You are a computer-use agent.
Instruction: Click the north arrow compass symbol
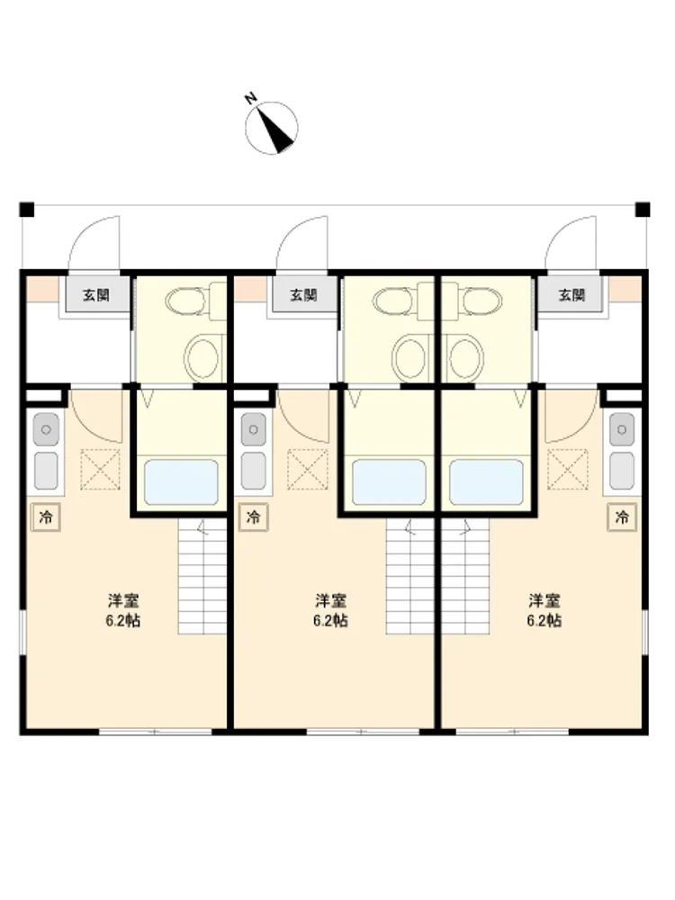click(x=272, y=128)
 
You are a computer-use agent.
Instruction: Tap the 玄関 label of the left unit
click(x=96, y=295)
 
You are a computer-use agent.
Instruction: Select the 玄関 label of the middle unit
click(x=303, y=295)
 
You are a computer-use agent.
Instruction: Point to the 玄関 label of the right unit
click(x=571, y=295)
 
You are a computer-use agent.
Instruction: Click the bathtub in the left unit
click(x=181, y=482)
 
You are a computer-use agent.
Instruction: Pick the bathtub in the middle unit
click(x=389, y=482)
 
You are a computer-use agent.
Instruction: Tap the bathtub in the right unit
click(x=486, y=482)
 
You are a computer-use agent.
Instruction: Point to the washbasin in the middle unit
click(x=409, y=357)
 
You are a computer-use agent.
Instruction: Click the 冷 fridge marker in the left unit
click(x=46, y=517)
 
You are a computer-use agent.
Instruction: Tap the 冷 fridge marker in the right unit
click(x=622, y=517)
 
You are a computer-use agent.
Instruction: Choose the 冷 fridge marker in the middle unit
click(x=254, y=517)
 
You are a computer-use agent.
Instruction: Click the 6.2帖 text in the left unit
click(x=123, y=621)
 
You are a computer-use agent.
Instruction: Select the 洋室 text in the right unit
click(x=544, y=601)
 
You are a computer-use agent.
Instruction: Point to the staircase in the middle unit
click(x=409, y=576)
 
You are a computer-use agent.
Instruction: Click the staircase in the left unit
click(x=202, y=576)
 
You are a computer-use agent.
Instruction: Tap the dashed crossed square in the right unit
click(x=568, y=469)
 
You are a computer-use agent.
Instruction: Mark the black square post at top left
click(x=27, y=210)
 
